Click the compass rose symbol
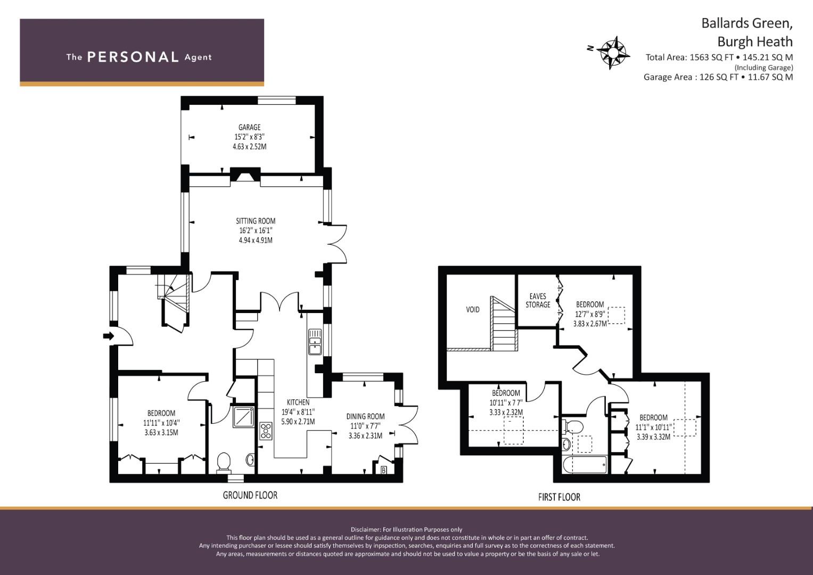coord(613,53)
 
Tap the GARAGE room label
coord(249,127)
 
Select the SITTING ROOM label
coord(256,221)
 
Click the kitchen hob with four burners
coord(266,431)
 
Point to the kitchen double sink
coord(315,341)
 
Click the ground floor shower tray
coord(243,417)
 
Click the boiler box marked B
coord(383,471)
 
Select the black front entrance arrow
coord(108,336)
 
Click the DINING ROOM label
coord(365,416)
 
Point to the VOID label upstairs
coord(473,310)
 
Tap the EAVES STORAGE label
coord(538,301)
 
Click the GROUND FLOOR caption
coord(250,495)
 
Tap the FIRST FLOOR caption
coord(559,497)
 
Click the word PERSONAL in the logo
coord(133,57)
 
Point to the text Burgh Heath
coord(755,42)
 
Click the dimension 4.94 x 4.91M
coord(256,240)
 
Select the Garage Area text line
coord(718,77)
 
